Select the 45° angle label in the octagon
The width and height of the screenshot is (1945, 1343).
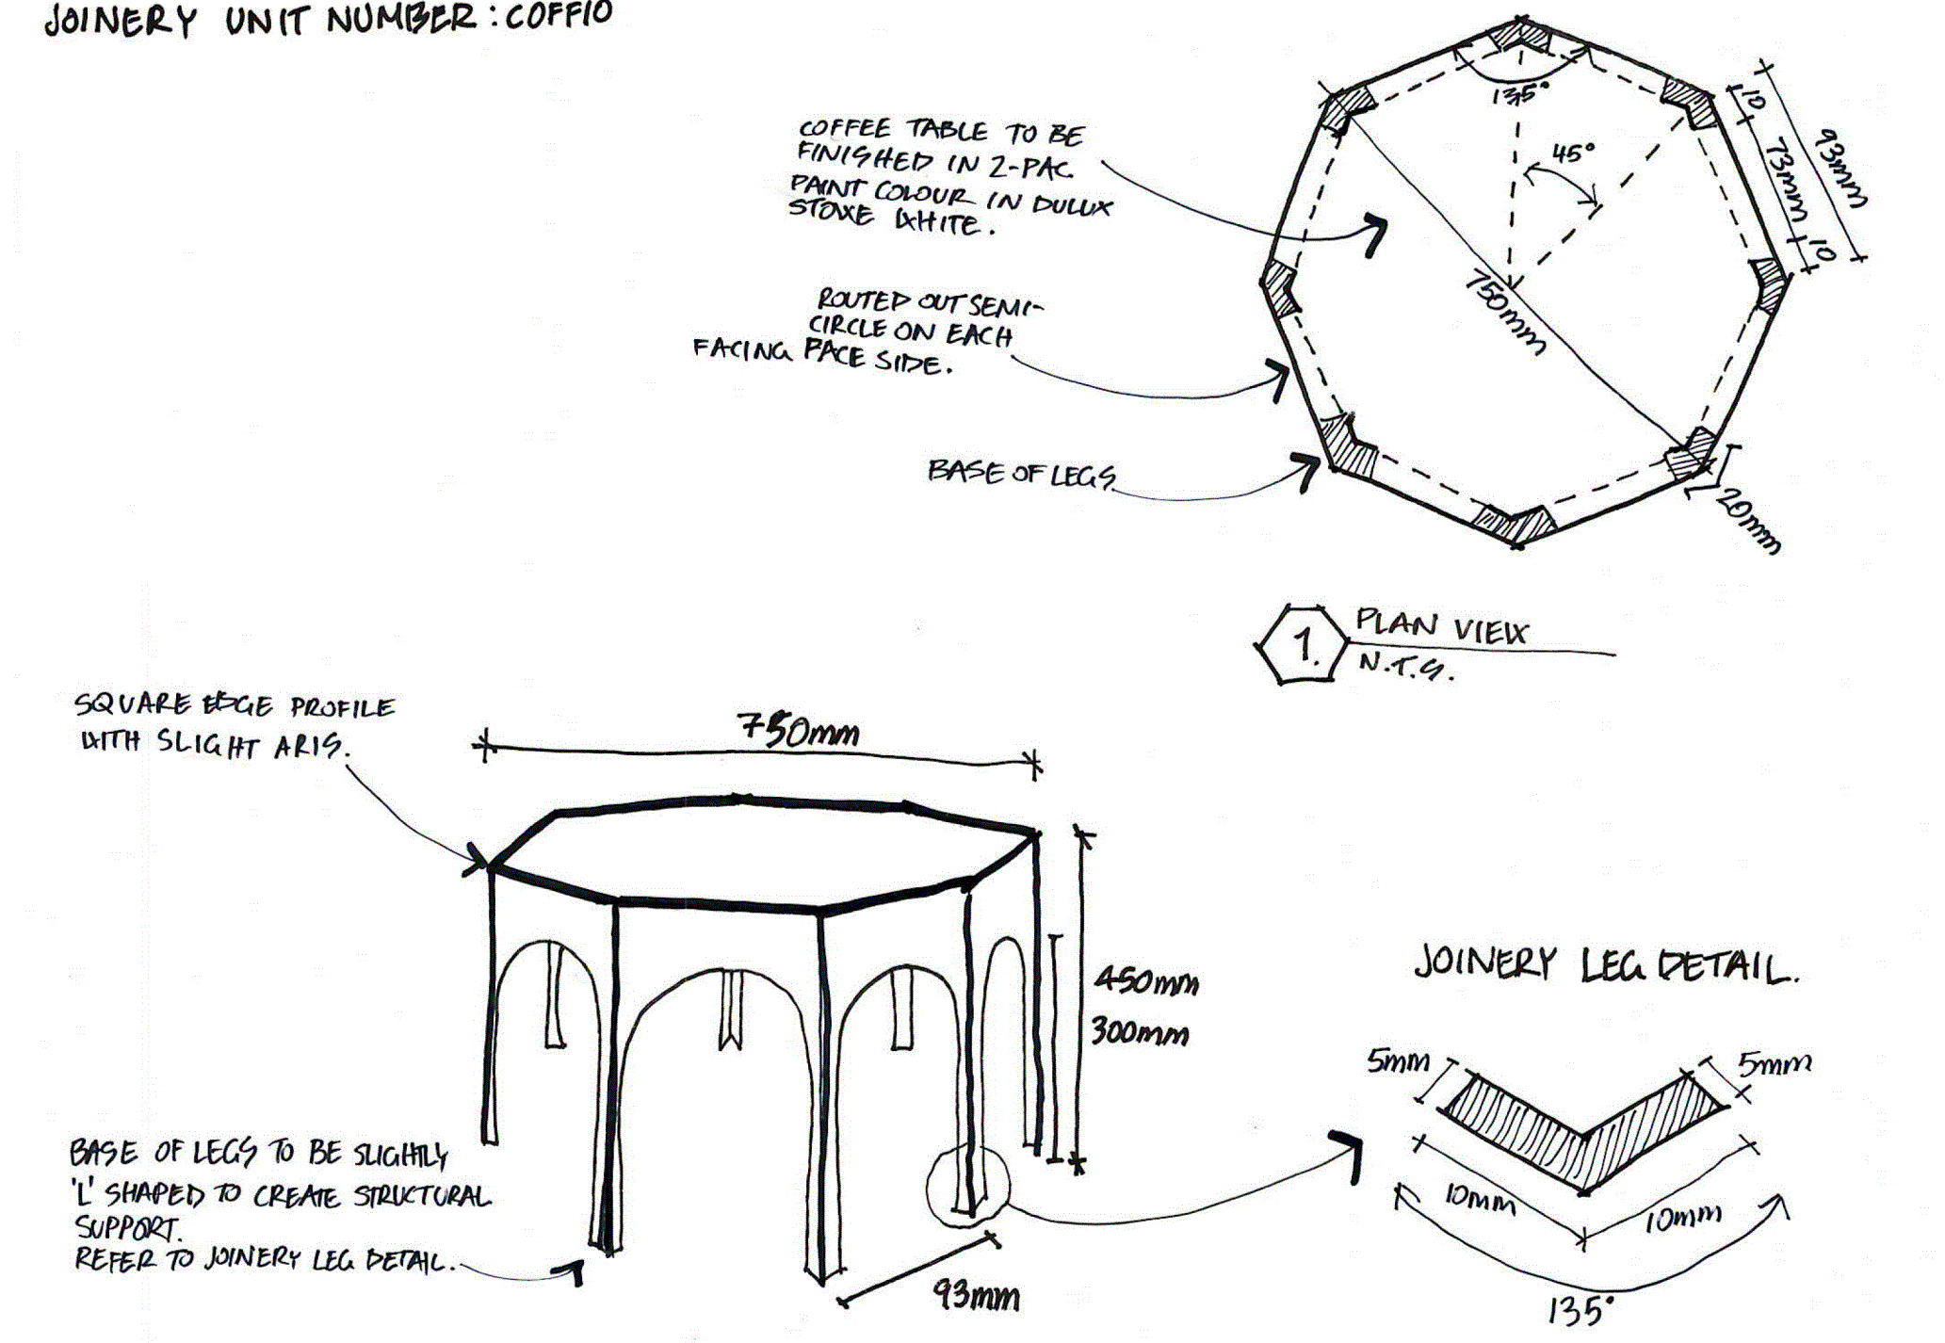tap(1574, 152)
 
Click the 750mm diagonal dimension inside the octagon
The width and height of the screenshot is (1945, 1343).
tap(1504, 315)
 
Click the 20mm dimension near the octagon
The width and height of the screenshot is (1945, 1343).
tap(1748, 521)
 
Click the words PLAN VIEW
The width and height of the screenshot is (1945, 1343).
tap(1442, 626)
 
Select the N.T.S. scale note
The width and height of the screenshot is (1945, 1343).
tap(1403, 667)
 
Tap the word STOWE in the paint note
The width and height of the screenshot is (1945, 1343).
tap(831, 211)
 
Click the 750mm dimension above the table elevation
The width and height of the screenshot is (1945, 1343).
tap(798, 731)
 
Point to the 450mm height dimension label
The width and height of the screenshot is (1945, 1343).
tap(1145, 982)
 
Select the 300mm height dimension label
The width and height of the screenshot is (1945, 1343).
tap(1140, 1033)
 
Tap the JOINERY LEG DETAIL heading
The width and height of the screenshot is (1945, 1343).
tap(1605, 966)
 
